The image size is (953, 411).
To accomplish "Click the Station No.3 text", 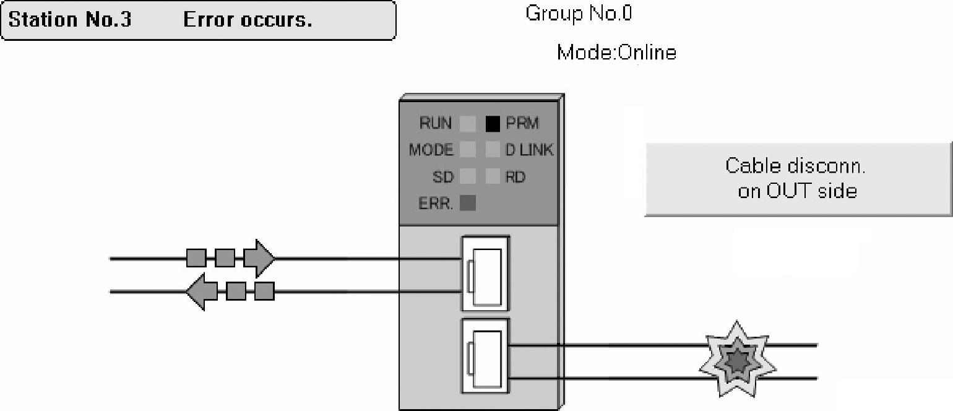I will coord(70,20).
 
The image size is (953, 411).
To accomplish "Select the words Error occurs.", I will coord(248,20).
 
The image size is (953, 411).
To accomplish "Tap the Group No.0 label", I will coord(579,14).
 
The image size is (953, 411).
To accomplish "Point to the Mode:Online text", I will coord(616,53).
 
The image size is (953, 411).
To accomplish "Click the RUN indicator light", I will coord(468,124).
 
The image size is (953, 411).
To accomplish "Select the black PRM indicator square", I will coord(493,124).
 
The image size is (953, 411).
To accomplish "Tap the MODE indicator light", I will coord(468,150).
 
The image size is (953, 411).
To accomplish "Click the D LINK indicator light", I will coord(493,150).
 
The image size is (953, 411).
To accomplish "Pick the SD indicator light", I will coord(468,177).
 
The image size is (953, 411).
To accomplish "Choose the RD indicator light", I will coord(493,177).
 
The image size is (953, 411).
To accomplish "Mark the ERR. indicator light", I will coord(468,203).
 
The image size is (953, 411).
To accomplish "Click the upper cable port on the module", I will coord(486,274).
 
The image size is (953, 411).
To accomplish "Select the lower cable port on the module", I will coord(486,356).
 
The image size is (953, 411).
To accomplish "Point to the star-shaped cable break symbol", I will coord(737,359).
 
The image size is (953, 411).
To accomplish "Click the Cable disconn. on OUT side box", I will coord(798,179).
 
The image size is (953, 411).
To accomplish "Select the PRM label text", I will coord(522,124).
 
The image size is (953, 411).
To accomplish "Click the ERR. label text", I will coord(436,204).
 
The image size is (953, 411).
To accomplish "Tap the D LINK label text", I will coord(529,150).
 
